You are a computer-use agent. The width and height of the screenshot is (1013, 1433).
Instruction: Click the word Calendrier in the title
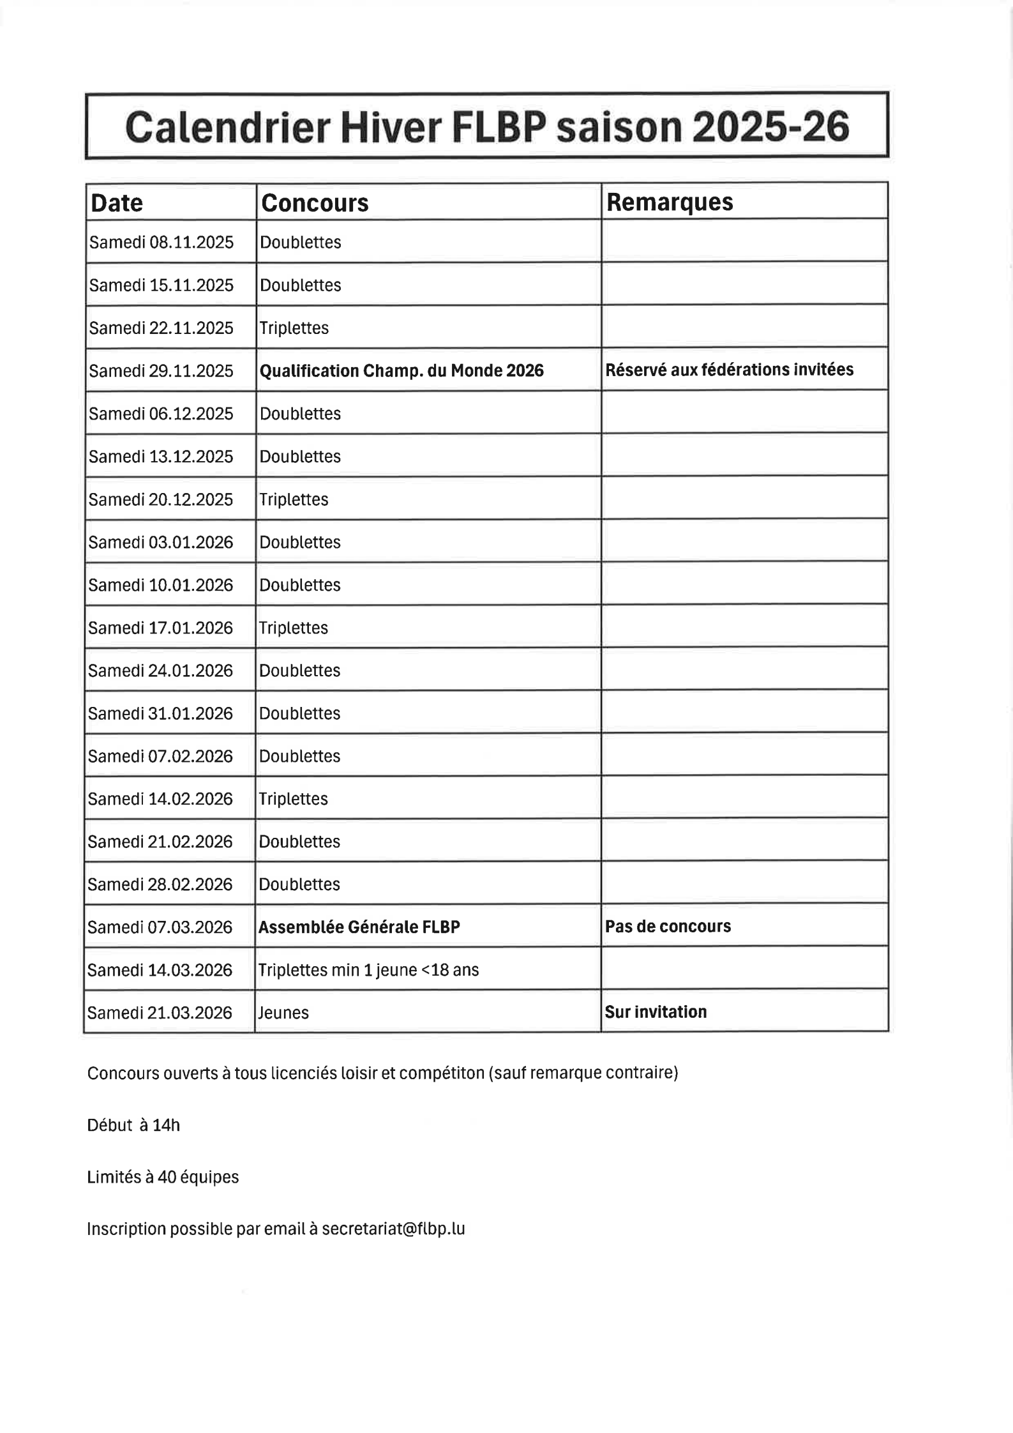coord(227,126)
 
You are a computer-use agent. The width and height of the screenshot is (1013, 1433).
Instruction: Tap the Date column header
coord(117,203)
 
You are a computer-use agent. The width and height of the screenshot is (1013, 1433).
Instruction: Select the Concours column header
coord(315,203)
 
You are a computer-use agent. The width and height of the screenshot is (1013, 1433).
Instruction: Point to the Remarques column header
coord(669,202)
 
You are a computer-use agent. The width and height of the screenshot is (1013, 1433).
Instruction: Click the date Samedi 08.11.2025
coord(161,243)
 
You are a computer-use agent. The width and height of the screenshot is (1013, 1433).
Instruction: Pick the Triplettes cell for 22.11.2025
coord(294,328)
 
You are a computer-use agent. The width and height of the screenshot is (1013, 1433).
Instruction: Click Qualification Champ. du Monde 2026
coord(401,371)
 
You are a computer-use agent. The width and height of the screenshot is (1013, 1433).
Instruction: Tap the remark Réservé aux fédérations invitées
coord(729,370)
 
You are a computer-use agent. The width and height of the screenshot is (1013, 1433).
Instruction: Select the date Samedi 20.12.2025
coord(161,499)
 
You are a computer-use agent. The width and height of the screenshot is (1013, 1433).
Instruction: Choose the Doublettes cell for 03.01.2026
coord(299,542)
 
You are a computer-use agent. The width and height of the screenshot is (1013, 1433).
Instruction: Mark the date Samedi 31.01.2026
coord(160,713)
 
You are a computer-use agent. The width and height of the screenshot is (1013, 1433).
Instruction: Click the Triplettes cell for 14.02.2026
coord(293,799)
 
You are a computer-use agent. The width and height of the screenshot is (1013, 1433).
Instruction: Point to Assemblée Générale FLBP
coord(359,927)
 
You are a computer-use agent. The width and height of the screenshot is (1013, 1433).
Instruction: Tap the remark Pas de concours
coord(668,927)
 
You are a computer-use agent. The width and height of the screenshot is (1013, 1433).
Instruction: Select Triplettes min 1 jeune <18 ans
coord(368,970)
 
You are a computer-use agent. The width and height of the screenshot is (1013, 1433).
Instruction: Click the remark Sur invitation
coord(656,1012)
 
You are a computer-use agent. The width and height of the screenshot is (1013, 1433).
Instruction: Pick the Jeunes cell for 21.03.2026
coord(283,1013)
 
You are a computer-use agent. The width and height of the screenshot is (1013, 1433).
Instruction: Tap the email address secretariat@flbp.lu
coord(393,1229)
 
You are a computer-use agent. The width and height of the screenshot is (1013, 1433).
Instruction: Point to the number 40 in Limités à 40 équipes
coord(167,1177)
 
